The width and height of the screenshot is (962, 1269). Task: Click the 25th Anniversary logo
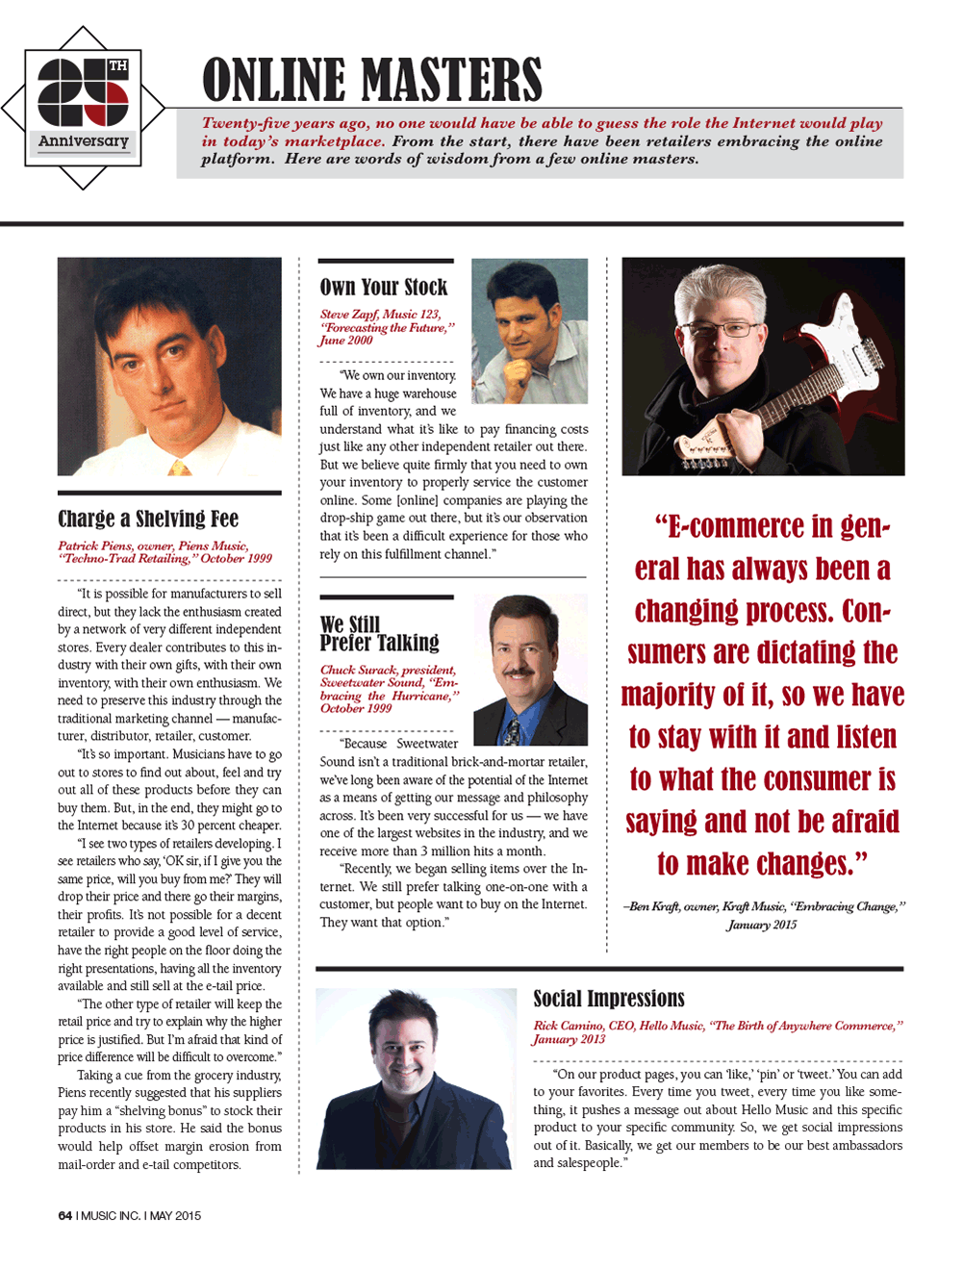tap(84, 107)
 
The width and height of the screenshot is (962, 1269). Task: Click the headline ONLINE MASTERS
tap(372, 80)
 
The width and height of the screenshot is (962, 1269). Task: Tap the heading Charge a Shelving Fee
tap(148, 520)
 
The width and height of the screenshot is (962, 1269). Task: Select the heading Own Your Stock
tap(384, 288)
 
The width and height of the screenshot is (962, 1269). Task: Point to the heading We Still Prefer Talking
tap(379, 634)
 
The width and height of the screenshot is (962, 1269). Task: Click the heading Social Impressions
tap(609, 999)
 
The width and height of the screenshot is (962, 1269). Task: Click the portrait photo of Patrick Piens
tap(169, 366)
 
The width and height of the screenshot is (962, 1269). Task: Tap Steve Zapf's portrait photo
tap(530, 330)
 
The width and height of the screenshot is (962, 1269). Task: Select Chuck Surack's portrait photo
tap(530, 671)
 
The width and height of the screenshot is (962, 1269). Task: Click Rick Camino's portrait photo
tap(416, 1079)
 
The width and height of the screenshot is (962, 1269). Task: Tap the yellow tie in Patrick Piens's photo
tap(179, 468)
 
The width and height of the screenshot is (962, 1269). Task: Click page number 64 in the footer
tap(65, 1216)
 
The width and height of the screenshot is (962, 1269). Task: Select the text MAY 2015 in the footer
tap(175, 1216)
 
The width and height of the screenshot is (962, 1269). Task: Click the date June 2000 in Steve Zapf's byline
tap(346, 341)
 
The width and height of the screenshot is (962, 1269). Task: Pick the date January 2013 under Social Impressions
tap(570, 1039)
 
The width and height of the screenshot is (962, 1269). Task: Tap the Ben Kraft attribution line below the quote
tap(764, 915)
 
